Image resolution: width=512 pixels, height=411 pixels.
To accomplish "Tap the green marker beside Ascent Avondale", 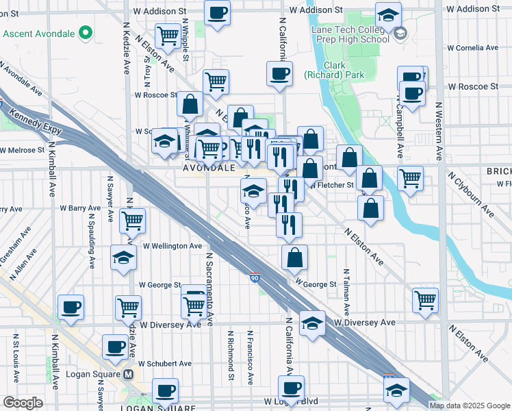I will click(x=85, y=32).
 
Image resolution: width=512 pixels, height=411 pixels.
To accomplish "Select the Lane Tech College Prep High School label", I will click(x=350, y=34).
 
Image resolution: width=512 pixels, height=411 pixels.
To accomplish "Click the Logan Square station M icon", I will click(x=129, y=375).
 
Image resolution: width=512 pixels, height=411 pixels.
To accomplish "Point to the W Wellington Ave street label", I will click(x=172, y=246).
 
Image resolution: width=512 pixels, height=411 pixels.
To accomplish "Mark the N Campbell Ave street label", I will click(x=398, y=130).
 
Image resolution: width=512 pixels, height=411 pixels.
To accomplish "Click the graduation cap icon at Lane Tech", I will click(x=389, y=14).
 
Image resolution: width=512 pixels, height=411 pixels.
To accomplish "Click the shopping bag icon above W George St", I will click(x=294, y=258).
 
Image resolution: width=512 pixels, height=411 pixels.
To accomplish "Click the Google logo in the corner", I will click(x=23, y=403).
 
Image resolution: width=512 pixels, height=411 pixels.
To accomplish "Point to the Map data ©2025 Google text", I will click(x=470, y=406).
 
